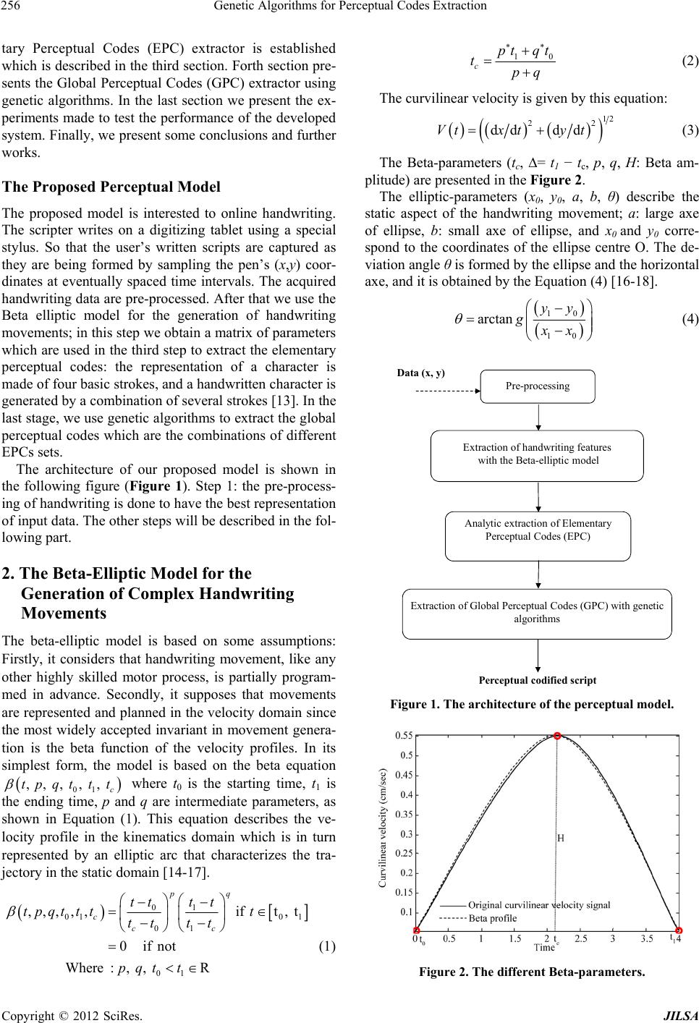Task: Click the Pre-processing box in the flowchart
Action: coord(538,386)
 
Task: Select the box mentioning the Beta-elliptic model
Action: coord(538,454)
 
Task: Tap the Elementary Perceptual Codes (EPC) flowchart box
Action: coord(538,530)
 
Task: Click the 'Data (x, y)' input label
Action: coord(422,373)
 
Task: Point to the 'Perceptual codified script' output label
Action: coord(538,680)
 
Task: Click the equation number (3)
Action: coord(690,130)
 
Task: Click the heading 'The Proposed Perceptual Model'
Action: coord(111,187)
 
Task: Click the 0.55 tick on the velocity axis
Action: coord(403,735)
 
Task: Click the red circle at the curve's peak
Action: coord(557,735)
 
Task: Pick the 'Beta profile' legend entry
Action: coord(492,918)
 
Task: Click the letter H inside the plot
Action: coord(561,838)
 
